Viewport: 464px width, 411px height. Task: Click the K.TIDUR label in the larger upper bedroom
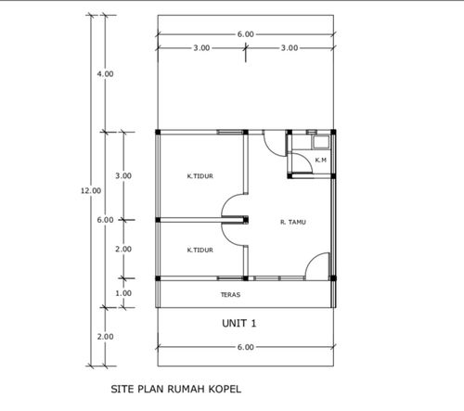pos(200,176)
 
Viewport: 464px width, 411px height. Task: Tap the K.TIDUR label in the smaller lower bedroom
pos(200,250)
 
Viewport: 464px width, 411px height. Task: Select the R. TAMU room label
pos(293,222)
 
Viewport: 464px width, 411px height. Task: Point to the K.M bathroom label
pos(321,160)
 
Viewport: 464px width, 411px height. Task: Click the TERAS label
pos(230,295)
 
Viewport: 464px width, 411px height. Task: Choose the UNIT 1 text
pos(239,324)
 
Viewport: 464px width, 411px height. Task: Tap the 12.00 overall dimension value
pos(91,191)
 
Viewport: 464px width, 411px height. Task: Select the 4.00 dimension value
pos(105,74)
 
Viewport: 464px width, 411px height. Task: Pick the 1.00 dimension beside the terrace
pos(123,293)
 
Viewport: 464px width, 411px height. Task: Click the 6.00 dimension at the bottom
pos(246,347)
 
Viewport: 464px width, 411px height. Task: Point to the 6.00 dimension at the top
pos(246,34)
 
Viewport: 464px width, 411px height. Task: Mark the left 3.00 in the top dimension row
pos(201,48)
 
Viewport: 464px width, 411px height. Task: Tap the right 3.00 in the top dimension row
pos(290,48)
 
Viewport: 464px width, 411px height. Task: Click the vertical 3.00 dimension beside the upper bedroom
pos(123,175)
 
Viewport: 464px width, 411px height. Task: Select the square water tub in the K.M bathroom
pos(321,142)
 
